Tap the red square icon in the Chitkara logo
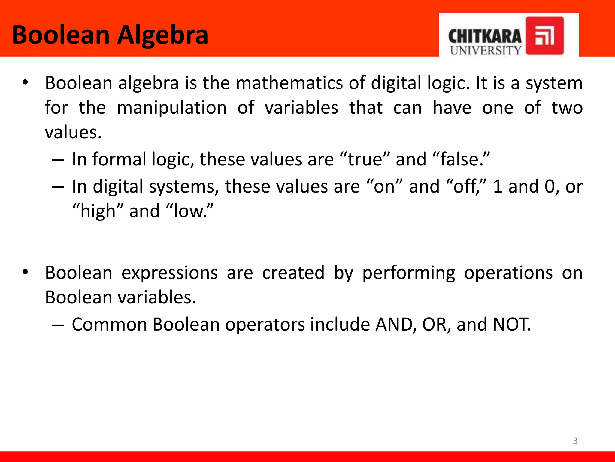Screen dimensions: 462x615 point(544,35)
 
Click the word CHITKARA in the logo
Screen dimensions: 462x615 point(485,37)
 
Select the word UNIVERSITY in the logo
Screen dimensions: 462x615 point(486,51)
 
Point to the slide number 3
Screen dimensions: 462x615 point(575,441)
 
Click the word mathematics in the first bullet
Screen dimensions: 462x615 point(289,83)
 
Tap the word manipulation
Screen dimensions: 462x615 point(171,108)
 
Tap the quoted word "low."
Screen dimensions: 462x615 point(189,211)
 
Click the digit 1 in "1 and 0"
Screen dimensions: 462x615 point(498,186)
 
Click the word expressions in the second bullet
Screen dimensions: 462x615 point(170,273)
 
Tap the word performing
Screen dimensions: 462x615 point(408,273)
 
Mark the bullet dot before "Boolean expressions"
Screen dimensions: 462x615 point(25,272)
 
